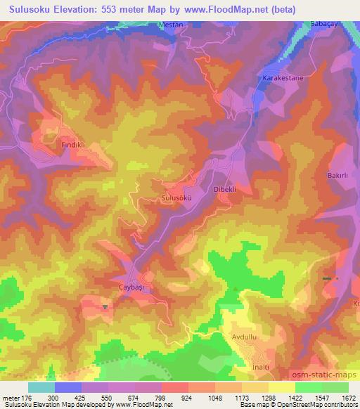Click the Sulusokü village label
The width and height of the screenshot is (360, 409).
(x=176, y=198)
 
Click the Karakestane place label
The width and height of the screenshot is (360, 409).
(x=283, y=79)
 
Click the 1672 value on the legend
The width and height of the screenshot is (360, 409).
(x=349, y=397)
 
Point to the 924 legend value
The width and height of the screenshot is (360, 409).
(x=186, y=397)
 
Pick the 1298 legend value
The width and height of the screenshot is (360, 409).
(x=267, y=397)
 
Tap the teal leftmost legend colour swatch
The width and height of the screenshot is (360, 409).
(x=41, y=387)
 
